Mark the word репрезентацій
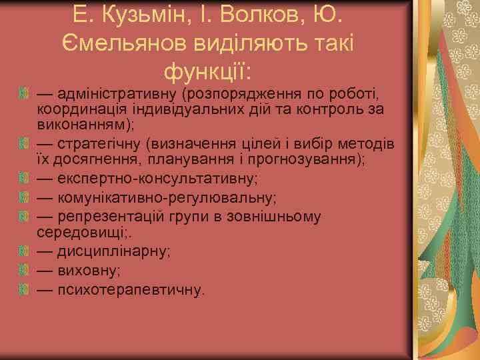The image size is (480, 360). (x=110, y=216)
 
